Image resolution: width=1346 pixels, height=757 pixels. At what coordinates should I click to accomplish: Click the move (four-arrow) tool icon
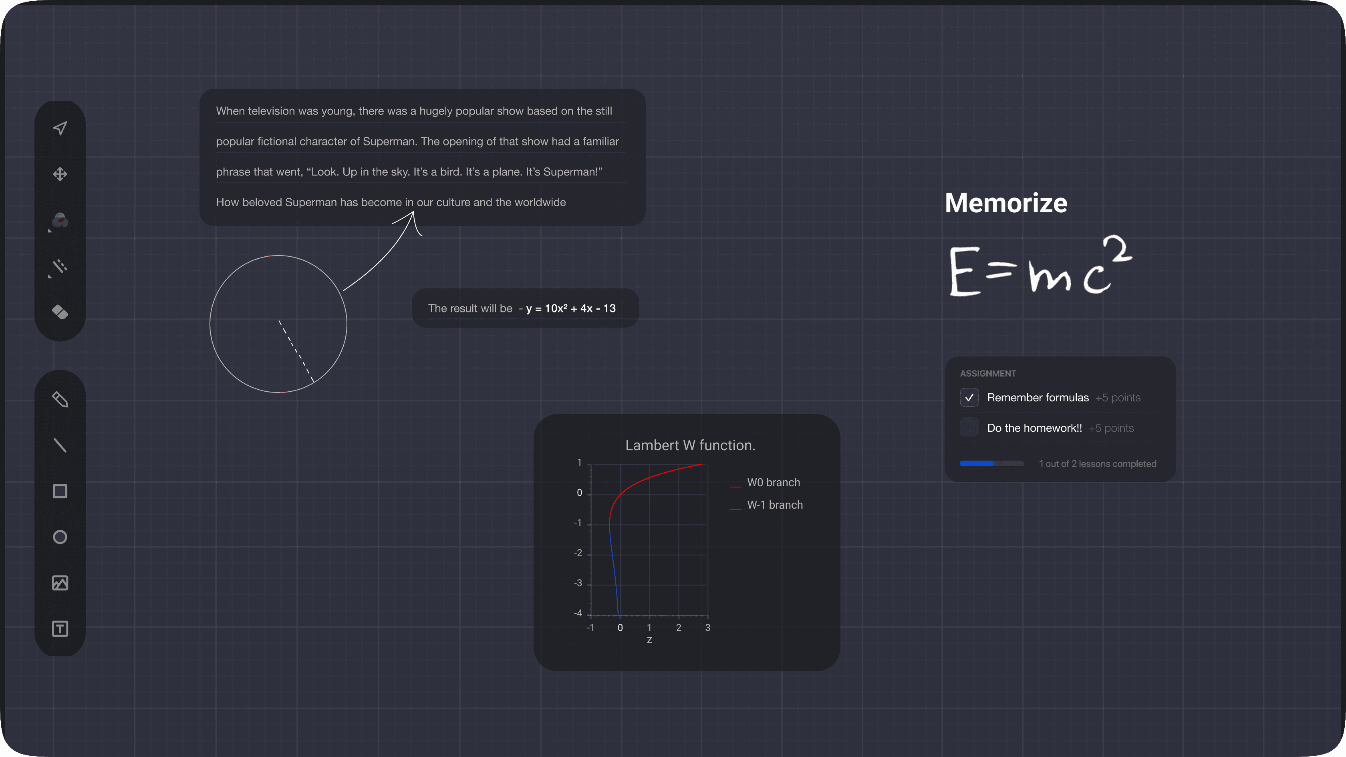coord(60,174)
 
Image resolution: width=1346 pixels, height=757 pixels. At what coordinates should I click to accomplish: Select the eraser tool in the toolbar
coord(60,312)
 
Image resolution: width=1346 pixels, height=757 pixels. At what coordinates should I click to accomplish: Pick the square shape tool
coord(60,491)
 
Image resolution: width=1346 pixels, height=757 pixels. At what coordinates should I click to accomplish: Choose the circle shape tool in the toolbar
coord(60,537)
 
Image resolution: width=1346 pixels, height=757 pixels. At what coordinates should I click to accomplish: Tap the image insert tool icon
coord(60,583)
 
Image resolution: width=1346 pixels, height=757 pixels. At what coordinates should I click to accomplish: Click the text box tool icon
coord(60,629)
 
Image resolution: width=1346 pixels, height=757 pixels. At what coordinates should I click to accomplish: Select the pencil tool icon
coord(60,400)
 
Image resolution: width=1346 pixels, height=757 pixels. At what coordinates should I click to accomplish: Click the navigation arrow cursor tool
coord(60,128)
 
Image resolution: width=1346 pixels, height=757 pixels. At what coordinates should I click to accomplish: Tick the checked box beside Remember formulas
coord(969,398)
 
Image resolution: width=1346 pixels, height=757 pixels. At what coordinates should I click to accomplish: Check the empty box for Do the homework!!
coord(969,427)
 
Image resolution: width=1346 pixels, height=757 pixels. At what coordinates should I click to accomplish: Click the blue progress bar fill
coord(976,463)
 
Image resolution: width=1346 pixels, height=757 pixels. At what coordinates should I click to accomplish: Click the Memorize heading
coord(1006,203)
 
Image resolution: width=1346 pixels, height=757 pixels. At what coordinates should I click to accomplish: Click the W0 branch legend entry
coord(765,483)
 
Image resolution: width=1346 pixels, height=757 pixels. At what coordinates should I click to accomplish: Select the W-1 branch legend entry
coord(766,505)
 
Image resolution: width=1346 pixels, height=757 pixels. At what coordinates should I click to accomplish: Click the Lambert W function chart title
coord(690,445)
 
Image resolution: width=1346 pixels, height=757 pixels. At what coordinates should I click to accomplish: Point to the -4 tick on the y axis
coord(578,613)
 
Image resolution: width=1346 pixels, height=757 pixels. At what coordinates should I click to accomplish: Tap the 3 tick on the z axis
coord(707,628)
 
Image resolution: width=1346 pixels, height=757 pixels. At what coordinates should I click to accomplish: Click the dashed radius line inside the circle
coord(296,352)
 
